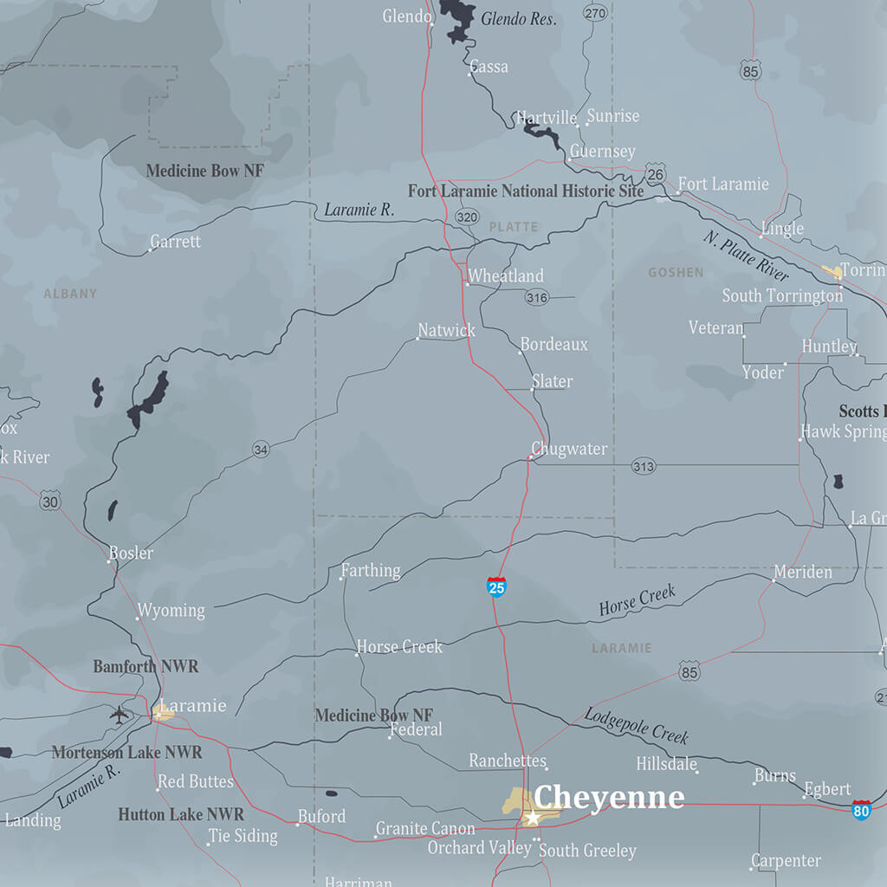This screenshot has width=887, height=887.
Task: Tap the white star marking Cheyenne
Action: point(533,818)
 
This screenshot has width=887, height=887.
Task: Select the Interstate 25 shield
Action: point(496,587)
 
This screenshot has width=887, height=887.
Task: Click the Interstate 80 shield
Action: point(861,810)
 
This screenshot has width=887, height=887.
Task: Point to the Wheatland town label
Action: point(506,276)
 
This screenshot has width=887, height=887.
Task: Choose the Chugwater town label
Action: point(569,449)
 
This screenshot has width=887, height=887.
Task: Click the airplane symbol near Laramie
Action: point(119,715)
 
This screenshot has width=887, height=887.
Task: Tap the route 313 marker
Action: point(644,466)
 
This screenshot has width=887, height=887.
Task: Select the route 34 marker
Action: point(261,449)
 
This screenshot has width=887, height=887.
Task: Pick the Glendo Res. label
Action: point(518,19)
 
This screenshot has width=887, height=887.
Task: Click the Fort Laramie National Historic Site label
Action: point(526,191)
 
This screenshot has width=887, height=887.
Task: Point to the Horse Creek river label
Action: point(637,601)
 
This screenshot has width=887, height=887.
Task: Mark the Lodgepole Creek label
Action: point(636,726)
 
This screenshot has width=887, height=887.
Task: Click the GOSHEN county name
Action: point(676,273)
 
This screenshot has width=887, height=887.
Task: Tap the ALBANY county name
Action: point(70,294)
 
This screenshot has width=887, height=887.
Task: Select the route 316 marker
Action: point(536,298)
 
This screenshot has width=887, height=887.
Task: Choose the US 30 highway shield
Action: point(50,502)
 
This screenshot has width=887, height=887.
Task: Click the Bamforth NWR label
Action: point(146,666)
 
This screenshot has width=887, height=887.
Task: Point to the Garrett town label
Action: point(175,242)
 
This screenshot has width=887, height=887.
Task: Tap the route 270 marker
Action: point(595,13)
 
